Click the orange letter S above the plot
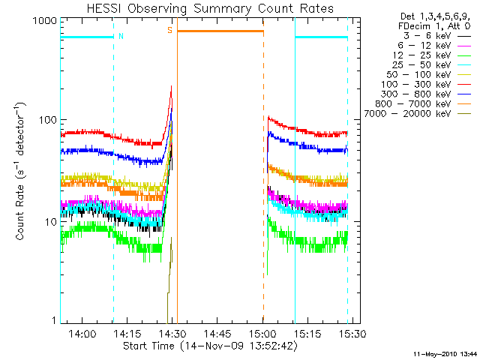[170, 30]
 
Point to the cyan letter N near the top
[121, 35]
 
